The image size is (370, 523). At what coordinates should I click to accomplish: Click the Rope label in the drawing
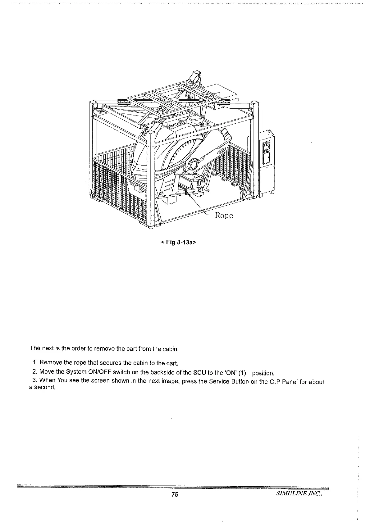point(224,215)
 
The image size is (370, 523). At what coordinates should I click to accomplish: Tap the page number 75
point(174,495)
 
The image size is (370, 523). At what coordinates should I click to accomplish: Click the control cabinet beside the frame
point(266,161)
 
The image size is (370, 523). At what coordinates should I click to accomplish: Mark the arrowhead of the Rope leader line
point(187,193)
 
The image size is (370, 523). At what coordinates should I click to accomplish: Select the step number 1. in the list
point(35,362)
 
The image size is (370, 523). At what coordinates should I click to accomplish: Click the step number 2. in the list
point(35,372)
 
